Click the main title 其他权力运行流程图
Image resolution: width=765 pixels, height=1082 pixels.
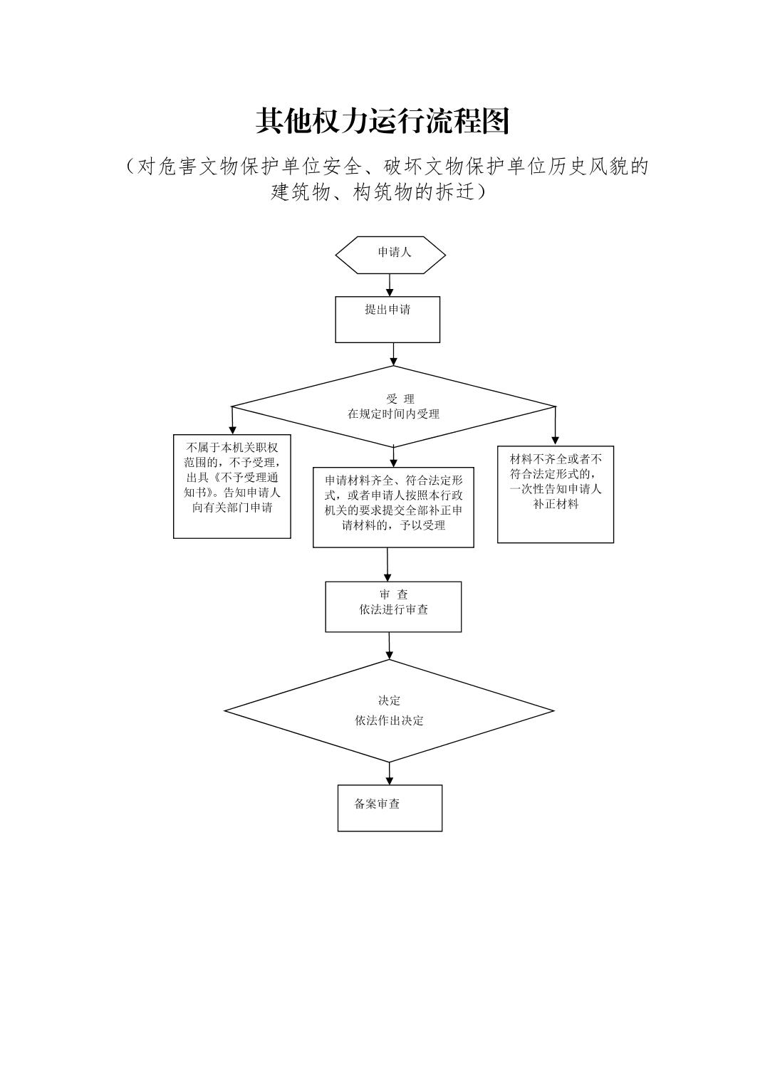coord(382,122)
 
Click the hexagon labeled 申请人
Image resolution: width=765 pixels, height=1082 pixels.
coord(390,255)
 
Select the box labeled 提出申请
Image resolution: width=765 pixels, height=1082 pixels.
coord(387,319)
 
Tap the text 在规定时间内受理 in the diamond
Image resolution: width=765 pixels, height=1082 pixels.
coord(393,414)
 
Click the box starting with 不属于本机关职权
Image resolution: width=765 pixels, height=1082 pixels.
coord(232,486)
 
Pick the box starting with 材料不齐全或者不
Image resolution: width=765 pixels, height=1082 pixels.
coord(555,494)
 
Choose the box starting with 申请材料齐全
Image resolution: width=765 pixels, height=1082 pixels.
coord(393,507)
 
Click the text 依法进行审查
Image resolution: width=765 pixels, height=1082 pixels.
coord(393,610)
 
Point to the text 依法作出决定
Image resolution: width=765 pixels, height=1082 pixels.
coord(389,720)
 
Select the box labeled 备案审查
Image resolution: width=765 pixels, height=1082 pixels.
coord(390,807)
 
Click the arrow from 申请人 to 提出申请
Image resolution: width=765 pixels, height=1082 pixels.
coord(390,285)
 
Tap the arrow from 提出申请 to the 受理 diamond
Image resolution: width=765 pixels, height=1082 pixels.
coord(393,354)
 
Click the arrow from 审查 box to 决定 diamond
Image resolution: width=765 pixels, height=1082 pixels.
coord(390,645)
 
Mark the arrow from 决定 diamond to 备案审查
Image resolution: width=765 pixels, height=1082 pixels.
coord(390,773)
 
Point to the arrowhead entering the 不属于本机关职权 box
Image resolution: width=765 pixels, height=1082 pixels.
coord(232,430)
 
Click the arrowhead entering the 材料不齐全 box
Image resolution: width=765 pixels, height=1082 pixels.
coord(556,440)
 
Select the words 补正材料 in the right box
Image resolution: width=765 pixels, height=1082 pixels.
coord(556,505)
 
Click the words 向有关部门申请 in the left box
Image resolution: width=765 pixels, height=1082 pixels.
coord(232,508)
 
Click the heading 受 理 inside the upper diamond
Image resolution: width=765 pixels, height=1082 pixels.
coord(400,399)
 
